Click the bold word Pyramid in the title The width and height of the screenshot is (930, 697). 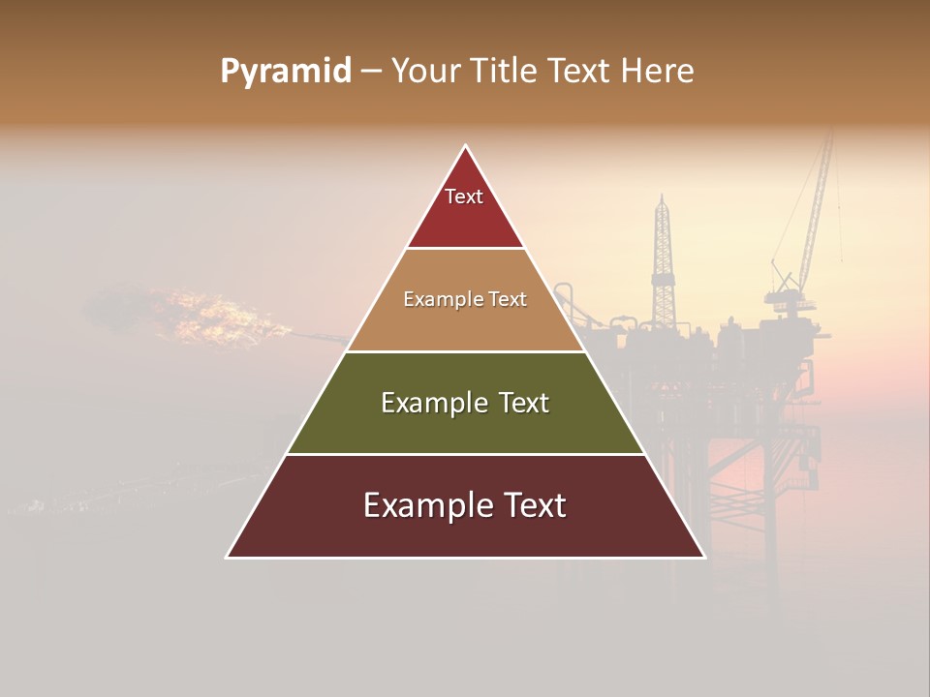pyautogui.click(x=285, y=72)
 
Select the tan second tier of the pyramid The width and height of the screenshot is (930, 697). pyautogui.click(x=465, y=324)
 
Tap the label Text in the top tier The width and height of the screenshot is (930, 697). pyautogui.click(x=464, y=197)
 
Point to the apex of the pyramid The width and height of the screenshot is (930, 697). pyautogui.click(x=466, y=146)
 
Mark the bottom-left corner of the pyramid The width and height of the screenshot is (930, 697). pyautogui.click(x=228, y=557)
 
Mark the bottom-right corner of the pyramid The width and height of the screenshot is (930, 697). pyautogui.click(x=703, y=557)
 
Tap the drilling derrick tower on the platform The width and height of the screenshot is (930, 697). pyautogui.click(x=663, y=261)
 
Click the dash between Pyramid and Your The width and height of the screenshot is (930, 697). pyautogui.click(x=371, y=72)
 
